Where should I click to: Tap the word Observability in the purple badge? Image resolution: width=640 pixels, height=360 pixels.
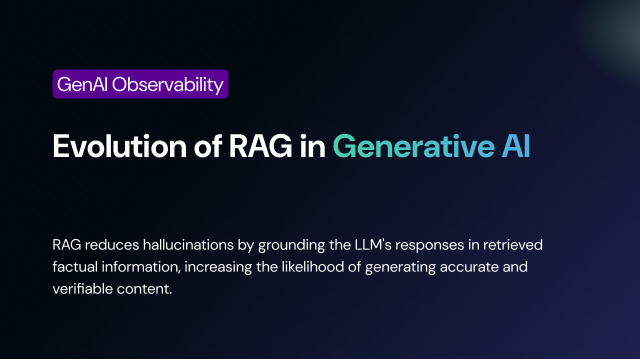coord(167,85)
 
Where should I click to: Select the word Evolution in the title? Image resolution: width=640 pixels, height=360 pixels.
coord(119,146)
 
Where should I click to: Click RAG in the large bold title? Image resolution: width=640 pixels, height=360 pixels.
coord(260,146)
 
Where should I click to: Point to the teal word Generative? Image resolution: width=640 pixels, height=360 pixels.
coord(414,146)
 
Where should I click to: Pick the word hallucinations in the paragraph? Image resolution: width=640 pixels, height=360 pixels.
coord(188,245)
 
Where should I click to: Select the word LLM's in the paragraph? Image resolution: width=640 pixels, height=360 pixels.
coord(373,245)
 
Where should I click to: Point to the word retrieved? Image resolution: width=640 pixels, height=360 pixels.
coord(513,245)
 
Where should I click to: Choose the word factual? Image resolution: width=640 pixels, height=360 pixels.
coord(75,267)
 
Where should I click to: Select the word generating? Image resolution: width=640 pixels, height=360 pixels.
coord(400,268)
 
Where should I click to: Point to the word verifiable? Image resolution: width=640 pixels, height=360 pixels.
coord(83,289)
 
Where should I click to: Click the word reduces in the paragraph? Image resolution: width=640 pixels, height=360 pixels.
coord(112,245)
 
